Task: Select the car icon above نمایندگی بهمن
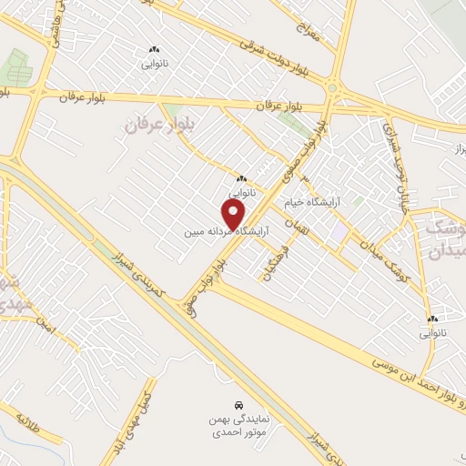(x=238, y=403)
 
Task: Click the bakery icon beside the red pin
(x=242, y=178)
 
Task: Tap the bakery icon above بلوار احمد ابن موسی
(x=433, y=319)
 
